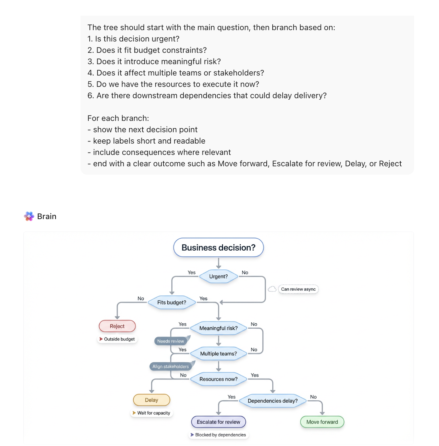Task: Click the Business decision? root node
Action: [218, 247]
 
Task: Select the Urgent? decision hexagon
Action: [218, 277]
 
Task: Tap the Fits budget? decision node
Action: [172, 302]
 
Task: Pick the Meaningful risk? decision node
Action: [218, 328]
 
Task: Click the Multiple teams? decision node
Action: [218, 354]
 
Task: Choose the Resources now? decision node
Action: [218, 379]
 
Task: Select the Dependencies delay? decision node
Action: [273, 401]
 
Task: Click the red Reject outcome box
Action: [117, 326]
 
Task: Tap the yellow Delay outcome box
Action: [151, 400]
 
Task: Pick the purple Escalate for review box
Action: [218, 422]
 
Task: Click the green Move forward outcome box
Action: [322, 422]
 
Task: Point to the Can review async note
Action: [298, 289]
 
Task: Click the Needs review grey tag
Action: [171, 341]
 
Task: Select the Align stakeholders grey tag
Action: [171, 367]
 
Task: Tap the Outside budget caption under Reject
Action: [119, 339]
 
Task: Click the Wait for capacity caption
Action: [154, 413]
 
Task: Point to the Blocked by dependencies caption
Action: [220, 435]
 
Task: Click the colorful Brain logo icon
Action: [29, 216]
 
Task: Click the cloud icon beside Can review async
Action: [272, 289]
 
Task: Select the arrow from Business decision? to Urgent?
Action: [218, 263]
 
